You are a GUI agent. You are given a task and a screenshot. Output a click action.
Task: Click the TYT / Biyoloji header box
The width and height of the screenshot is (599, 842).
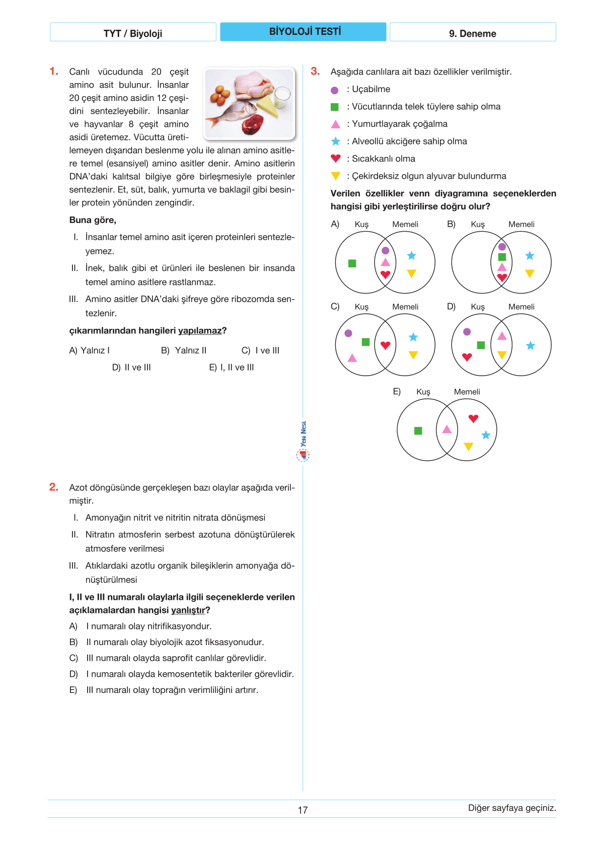[x=133, y=33]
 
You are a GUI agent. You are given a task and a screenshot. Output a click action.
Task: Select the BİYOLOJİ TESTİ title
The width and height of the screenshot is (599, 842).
[x=305, y=32]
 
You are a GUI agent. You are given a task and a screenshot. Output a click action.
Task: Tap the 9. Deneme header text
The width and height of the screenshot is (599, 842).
[x=472, y=33]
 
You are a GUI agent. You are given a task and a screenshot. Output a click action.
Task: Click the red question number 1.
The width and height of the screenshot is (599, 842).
[x=54, y=72]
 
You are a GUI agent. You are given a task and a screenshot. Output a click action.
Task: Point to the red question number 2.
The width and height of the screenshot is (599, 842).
[x=54, y=487]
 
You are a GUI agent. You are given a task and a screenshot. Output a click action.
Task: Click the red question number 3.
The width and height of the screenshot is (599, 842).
[x=315, y=71]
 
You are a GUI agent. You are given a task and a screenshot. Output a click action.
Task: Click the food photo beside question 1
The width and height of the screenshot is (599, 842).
[x=249, y=103]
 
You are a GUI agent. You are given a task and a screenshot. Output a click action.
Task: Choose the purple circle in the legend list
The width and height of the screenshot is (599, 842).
[x=335, y=90]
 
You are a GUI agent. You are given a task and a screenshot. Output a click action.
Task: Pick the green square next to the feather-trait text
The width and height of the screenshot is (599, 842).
[x=335, y=107]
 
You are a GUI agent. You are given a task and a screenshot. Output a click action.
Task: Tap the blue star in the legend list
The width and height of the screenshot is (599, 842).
[x=336, y=142]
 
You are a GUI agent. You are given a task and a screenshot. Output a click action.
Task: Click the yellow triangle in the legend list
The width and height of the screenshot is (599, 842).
[x=336, y=176]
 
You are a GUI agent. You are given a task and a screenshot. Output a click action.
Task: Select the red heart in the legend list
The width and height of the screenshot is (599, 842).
[x=336, y=158]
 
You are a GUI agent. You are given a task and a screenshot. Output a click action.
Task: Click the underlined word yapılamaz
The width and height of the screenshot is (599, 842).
[x=200, y=331]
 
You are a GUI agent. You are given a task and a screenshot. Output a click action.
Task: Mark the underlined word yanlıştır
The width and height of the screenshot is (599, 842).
[x=188, y=610]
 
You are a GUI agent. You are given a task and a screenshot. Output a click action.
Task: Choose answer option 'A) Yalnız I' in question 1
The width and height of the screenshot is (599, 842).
[x=89, y=350]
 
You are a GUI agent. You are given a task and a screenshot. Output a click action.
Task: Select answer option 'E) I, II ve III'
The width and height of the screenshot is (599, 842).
[x=232, y=368]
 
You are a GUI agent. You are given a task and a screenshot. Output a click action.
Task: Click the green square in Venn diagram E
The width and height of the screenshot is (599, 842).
[x=418, y=431]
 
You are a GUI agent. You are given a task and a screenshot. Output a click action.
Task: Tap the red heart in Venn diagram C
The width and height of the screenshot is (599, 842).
[x=386, y=345]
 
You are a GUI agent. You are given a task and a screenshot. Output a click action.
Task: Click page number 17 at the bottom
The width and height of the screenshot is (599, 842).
[x=303, y=810]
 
